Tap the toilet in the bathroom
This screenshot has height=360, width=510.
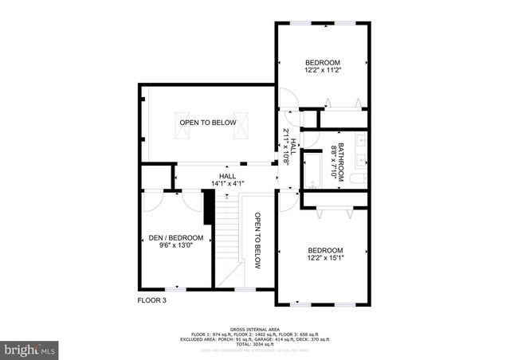point(360,176)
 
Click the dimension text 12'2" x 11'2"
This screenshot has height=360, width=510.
point(323,71)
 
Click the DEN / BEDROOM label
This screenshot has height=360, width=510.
point(176,238)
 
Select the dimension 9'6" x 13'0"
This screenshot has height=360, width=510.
point(176,246)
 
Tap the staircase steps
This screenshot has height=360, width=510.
point(231,239)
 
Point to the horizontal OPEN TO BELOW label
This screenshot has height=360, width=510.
point(207,123)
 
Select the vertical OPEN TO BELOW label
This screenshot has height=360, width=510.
point(257,241)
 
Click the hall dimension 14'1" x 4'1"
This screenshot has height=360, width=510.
point(228,183)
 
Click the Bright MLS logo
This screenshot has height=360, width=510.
point(29,349)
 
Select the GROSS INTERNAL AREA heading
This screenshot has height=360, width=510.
point(255,328)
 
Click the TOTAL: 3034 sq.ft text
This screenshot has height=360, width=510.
point(255,342)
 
